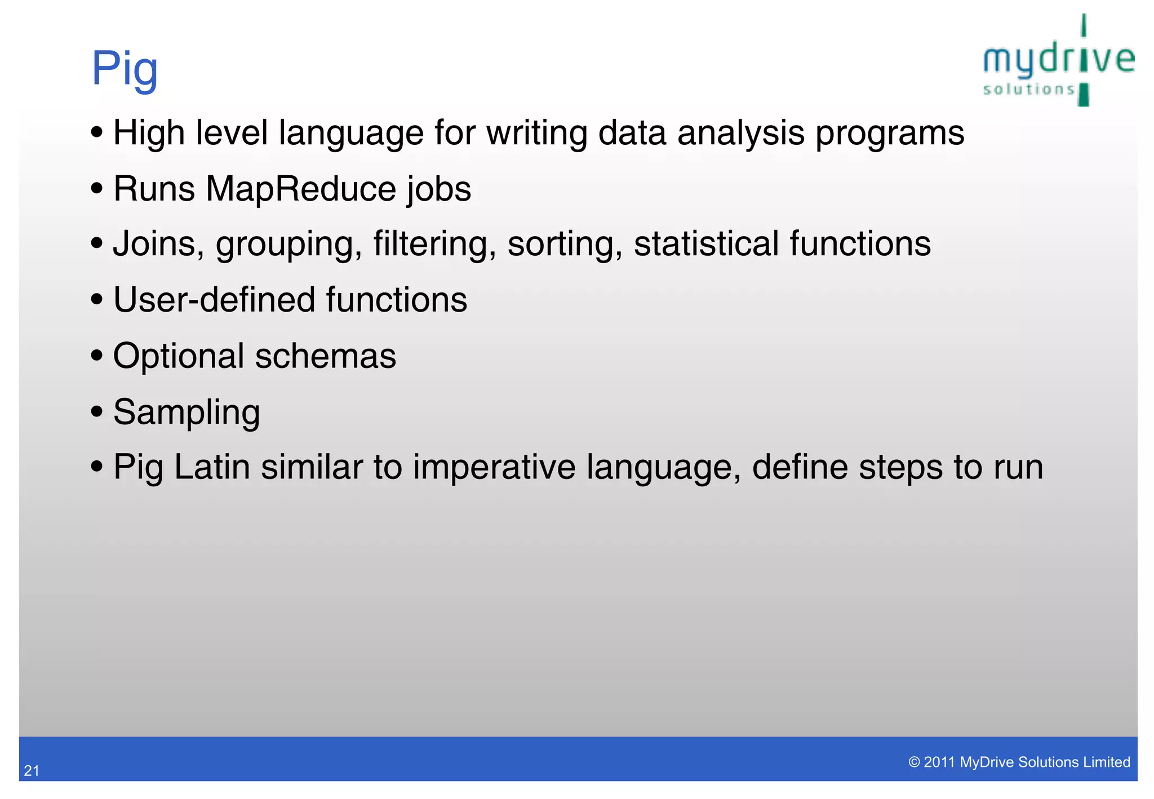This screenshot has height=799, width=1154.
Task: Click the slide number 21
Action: click(32, 771)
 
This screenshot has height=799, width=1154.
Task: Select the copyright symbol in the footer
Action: click(914, 762)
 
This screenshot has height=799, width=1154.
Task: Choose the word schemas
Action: click(326, 356)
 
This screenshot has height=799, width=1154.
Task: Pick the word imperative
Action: click(494, 468)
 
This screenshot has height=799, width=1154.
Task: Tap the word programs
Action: click(890, 134)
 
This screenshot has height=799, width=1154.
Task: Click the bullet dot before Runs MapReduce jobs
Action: click(97, 189)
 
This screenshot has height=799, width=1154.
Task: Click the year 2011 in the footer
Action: click(939, 762)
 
